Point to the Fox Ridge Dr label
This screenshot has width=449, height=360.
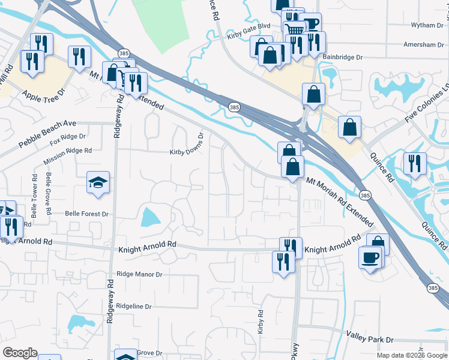click(x=68, y=140)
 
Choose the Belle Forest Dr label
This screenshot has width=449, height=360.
click(x=86, y=214)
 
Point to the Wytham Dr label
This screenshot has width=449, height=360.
click(x=426, y=25)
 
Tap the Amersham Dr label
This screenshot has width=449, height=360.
click(x=423, y=44)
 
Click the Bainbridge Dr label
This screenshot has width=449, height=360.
click(x=343, y=57)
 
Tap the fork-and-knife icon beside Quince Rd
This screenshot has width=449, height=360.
click(x=415, y=163)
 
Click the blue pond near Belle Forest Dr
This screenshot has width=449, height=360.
click(x=148, y=217)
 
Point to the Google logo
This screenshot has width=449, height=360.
click(x=20, y=353)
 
